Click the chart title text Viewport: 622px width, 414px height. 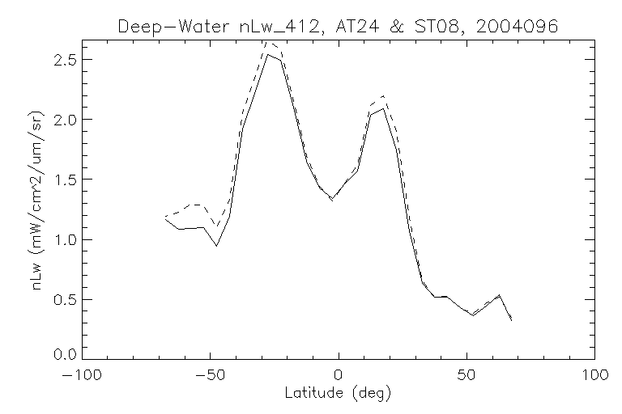point(339,27)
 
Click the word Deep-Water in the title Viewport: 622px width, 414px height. point(161,27)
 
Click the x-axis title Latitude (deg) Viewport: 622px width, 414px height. point(338,394)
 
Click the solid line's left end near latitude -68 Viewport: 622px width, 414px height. point(165,218)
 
